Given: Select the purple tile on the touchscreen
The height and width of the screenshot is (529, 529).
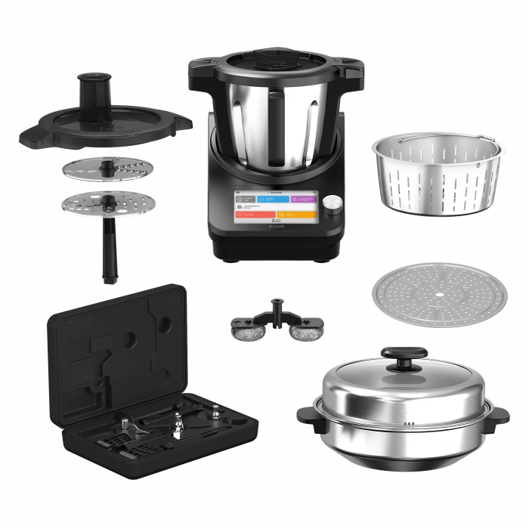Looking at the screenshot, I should (305, 199).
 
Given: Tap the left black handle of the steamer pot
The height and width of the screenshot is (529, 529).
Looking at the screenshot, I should (308, 413).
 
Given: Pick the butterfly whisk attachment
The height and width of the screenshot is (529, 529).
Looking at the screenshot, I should (277, 322).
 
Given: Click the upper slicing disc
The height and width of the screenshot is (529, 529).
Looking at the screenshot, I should (107, 169).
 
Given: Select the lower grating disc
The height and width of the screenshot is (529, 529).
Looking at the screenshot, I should (109, 205).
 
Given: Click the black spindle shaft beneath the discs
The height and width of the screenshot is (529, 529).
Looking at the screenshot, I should (109, 253).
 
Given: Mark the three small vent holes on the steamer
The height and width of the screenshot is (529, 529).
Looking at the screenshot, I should (408, 424).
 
